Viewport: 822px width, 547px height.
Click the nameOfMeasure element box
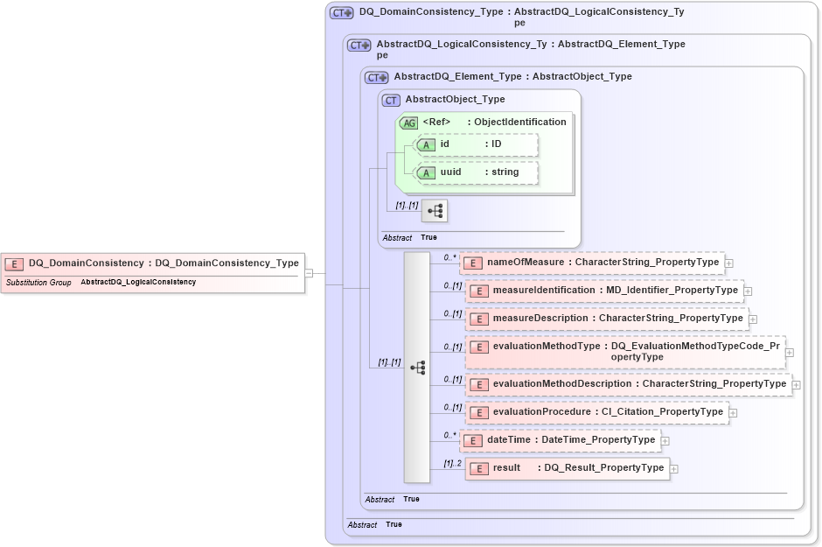click(x=591, y=262)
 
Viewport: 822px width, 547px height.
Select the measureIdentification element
click(x=604, y=291)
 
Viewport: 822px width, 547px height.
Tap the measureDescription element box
click(x=606, y=319)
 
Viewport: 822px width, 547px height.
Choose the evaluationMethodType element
click(x=625, y=352)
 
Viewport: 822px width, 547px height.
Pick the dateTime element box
click(x=560, y=440)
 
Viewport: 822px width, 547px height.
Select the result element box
click(x=567, y=468)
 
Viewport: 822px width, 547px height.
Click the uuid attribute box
click(x=477, y=172)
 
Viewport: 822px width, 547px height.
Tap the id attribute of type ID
click(x=477, y=144)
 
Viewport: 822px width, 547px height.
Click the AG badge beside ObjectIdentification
click(x=408, y=123)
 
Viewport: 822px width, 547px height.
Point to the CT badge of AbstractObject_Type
click(x=391, y=100)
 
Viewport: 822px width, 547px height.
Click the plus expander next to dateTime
click(x=665, y=441)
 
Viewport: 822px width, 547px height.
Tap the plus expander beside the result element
click(x=673, y=469)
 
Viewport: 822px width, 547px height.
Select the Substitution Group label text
click(x=38, y=283)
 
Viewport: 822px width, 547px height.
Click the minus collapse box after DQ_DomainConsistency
click(x=309, y=273)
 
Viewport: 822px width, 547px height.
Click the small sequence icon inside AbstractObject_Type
click(x=434, y=211)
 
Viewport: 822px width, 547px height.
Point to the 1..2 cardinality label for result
click(x=452, y=463)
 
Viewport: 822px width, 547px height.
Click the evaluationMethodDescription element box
click(x=627, y=384)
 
